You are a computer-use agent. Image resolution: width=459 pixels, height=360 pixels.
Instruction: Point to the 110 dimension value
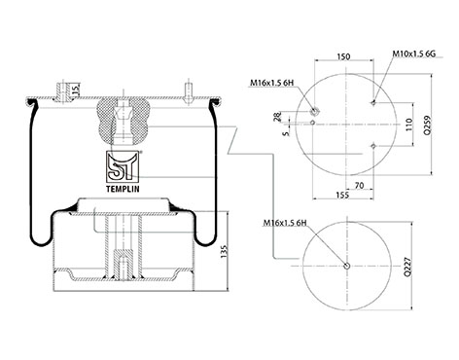[408, 125]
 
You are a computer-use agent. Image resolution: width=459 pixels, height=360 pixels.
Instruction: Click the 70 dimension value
[359, 185]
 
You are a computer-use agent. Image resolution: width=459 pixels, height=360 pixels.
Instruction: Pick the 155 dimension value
[342, 195]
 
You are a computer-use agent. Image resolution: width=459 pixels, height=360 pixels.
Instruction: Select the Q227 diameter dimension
[407, 267]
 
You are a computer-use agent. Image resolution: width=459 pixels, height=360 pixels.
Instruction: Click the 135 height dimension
[224, 252]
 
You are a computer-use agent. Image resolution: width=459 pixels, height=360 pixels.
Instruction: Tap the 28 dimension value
[278, 117]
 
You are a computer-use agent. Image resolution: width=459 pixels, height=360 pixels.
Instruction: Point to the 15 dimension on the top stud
[76, 90]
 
